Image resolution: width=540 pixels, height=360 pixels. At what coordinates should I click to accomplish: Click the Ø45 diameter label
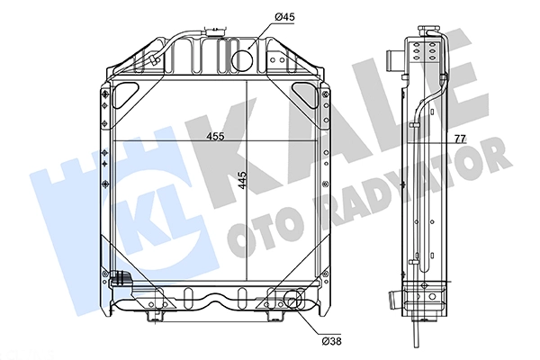284,16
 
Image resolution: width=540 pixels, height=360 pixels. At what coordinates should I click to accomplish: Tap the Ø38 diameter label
331,341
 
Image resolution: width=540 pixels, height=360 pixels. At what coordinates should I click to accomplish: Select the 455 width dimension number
215,137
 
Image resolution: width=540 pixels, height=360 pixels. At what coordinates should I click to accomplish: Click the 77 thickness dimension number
460,139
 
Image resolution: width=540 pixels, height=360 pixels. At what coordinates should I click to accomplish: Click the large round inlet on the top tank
242,60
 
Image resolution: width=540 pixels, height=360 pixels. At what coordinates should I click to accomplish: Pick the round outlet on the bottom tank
293,299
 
